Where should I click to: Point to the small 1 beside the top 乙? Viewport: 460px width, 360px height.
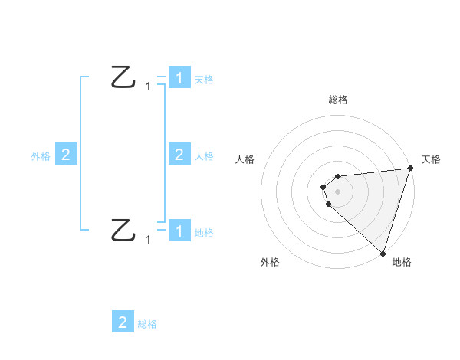(x=148, y=87)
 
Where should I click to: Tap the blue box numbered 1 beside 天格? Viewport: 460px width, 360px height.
(x=179, y=78)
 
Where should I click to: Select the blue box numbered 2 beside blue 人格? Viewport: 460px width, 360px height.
(x=179, y=155)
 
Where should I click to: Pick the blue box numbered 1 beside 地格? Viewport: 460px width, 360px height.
(x=179, y=231)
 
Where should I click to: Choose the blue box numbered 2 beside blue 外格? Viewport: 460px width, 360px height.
(x=66, y=155)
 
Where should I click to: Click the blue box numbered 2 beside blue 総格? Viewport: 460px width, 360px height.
(x=123, y=322)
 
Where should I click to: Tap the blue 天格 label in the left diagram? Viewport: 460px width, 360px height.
(x=204, y=80)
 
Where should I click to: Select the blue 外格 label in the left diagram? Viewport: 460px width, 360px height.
(x=41, y=156)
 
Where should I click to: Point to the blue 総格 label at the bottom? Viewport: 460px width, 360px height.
(x=147, y=324)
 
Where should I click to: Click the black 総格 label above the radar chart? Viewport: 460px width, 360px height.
(x=337, y=100)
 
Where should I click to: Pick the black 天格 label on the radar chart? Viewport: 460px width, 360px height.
(x=432, y=159)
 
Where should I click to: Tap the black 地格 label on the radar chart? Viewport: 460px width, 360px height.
(x=402, y=263)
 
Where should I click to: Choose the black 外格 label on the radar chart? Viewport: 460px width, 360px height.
(x=270, y=263)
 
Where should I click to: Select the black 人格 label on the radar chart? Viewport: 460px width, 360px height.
(x=245, y=159)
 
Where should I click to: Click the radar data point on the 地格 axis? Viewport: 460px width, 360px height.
(x=383, y=253)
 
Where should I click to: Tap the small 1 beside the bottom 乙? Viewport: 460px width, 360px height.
(x=148, y=240)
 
